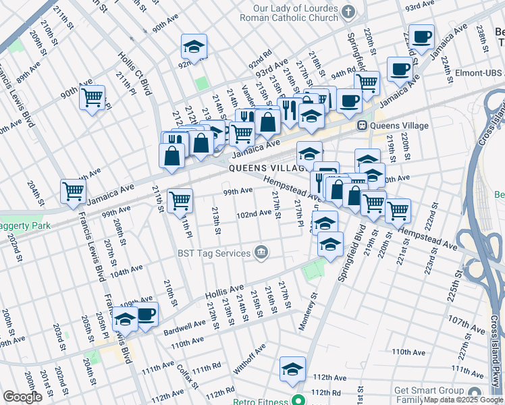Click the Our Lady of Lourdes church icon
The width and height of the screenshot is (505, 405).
[348, 11]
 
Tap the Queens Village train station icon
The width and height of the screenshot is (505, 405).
[362, 126]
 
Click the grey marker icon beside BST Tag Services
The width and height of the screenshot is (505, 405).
[261, 253]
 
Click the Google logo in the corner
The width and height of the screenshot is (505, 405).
[22, 398]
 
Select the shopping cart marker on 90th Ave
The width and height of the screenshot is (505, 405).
[92, 97]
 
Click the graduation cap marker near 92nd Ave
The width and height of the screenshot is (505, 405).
[194, 47]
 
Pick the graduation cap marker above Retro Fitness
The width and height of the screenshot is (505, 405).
[292, 369]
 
